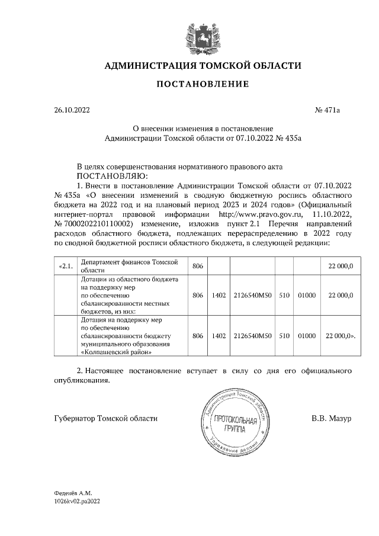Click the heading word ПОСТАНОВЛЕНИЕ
[203, 85]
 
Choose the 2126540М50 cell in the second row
[252, 294]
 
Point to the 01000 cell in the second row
[306, 294]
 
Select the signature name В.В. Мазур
[331, 419]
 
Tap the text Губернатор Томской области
[105, 419]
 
